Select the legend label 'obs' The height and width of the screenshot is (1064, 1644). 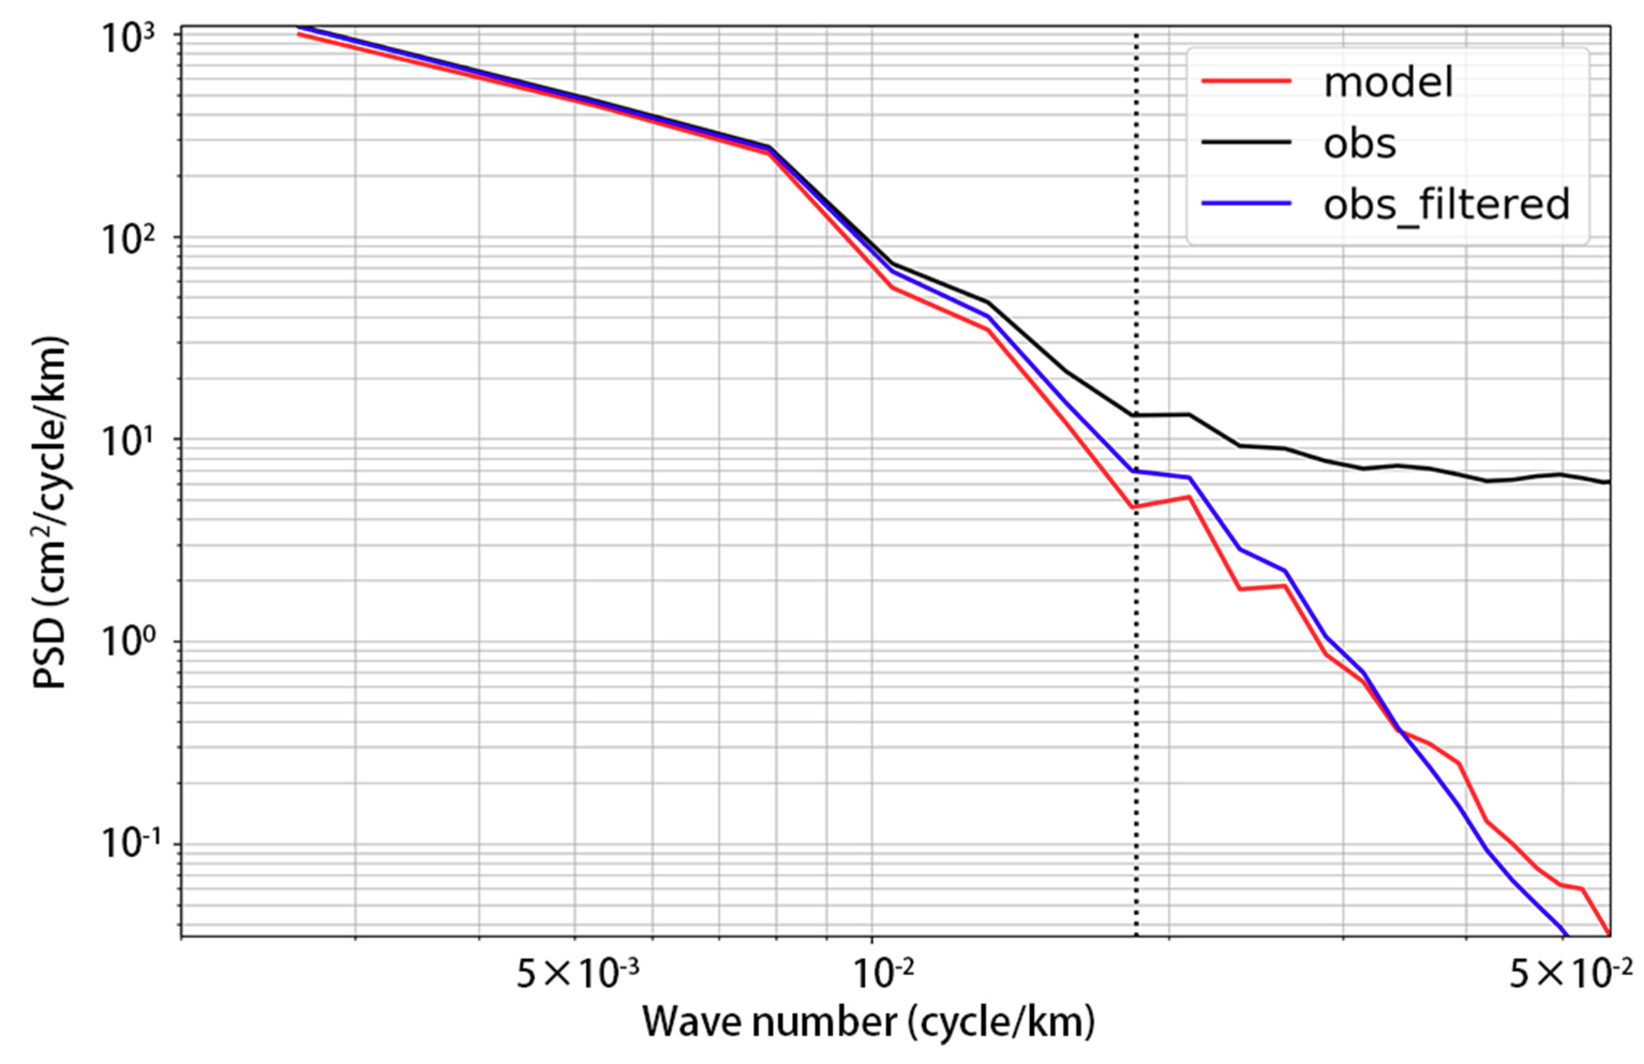(1359, 143)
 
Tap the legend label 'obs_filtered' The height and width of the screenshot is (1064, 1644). (1446, 204)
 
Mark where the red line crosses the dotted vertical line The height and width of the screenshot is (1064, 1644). (1137, 507)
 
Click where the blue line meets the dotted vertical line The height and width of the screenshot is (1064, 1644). (1137, 471)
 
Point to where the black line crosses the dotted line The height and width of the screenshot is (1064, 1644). (1137, 415)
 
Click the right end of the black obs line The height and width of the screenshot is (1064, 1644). (1608, 482)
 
